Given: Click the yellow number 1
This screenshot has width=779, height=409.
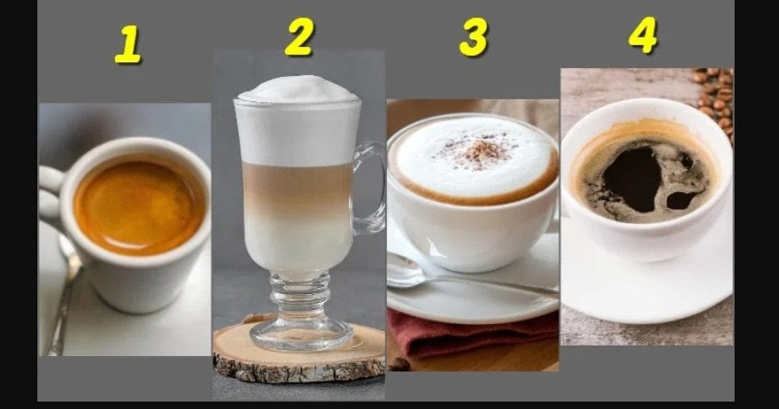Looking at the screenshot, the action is (x=129, y=44).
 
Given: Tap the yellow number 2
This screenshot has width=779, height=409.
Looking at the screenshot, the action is (x=299, y=36).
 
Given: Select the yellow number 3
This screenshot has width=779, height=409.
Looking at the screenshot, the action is (x=473, y=37).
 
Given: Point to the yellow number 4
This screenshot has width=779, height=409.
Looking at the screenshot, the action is (x=643, y=35).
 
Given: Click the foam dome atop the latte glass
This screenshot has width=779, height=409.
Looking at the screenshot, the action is (x=299, y=90).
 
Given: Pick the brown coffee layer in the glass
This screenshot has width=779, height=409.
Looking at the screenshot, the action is (x=297, y=188).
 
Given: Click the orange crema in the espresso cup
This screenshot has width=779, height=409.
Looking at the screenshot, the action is (x=138, y=207).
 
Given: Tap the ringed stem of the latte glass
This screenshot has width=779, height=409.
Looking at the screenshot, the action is (x=300, y=295).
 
